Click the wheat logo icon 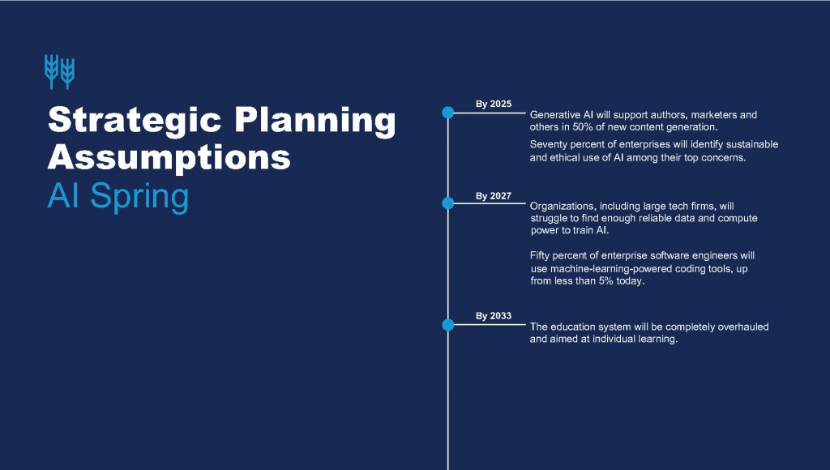[x=59, y=72]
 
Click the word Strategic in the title [x=135, y=121]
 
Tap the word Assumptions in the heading [x=169, y=158]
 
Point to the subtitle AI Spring [x=118, y=196]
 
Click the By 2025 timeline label [x=494, y=104]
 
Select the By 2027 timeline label [x=494, y=196]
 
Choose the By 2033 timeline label [x=494, y=316]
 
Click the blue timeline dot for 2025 [x=447, y=113]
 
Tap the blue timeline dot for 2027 [x=447, y=203]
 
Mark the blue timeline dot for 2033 [x=447, y=325]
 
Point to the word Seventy [x=549, y=144]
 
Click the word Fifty [x=540, y=255]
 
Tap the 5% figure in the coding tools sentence [x=606, y=281]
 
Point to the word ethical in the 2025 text [x=565, y=158]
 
